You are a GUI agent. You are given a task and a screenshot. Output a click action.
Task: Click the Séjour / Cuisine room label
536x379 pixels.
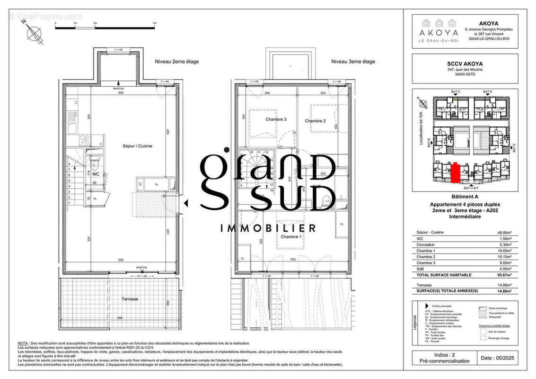pos(132,146)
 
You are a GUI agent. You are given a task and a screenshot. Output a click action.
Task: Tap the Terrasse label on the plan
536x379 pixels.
pos(129,299)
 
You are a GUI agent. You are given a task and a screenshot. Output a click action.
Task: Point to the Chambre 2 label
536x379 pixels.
pos(315,121)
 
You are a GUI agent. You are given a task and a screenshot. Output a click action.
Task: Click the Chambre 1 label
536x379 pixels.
pos(291,236)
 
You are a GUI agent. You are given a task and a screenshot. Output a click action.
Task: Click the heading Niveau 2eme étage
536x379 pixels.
pos(177,62)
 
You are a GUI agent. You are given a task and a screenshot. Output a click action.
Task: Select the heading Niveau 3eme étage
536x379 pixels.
pos(353,62)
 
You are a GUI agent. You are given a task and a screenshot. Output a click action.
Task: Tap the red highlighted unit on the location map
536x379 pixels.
pos(455,172)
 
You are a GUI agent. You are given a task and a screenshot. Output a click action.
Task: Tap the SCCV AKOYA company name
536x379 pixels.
pos(465,63)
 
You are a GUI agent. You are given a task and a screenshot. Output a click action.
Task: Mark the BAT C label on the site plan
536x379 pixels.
pos(456,91)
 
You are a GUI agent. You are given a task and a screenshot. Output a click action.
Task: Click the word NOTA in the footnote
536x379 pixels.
pos(23,343)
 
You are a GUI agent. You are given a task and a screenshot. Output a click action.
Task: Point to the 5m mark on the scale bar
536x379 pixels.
pos(155,23)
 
